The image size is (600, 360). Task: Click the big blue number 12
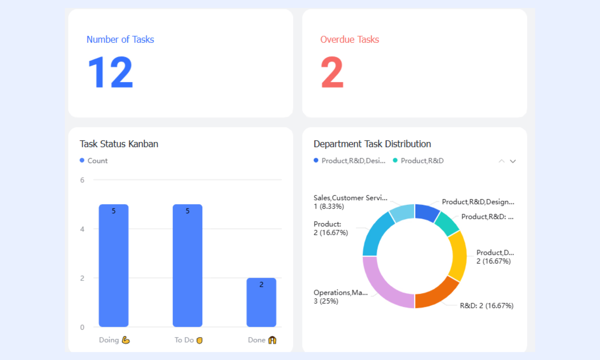point(110,72)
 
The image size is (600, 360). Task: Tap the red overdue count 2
point(332,72)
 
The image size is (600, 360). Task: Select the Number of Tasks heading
point(120,39)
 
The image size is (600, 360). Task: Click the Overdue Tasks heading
point(350,39)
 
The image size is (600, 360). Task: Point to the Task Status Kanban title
point(119,144)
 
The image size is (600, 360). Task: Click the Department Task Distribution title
point(372,144)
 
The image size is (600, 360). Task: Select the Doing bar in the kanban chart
point(114,265)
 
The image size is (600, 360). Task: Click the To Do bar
point(187,265)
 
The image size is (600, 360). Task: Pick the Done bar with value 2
point(261,302)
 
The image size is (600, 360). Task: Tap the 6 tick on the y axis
point(82,180)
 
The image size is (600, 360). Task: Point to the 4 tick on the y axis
point(82,229)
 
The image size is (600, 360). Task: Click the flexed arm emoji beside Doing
point(126,340)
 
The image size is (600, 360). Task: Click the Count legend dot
point(82,160)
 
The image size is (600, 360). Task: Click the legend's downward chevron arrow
point(513,161)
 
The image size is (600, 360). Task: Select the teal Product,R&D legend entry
point(418,161)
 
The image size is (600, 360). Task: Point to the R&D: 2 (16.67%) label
point(487,306)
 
